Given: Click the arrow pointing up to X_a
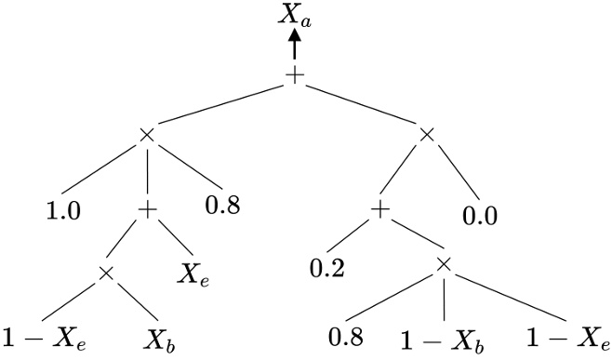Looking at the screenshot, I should pos(295,45).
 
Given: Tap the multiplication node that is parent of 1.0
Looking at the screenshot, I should pos(145,136).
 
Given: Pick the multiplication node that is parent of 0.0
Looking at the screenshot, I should pos(426,136).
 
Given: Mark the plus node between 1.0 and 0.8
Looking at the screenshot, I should pos(145,211).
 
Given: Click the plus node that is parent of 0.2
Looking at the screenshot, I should pos(379,211).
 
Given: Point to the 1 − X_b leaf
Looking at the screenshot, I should pos(446,336).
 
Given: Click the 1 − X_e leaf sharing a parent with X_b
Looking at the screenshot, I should pos(45,336).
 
